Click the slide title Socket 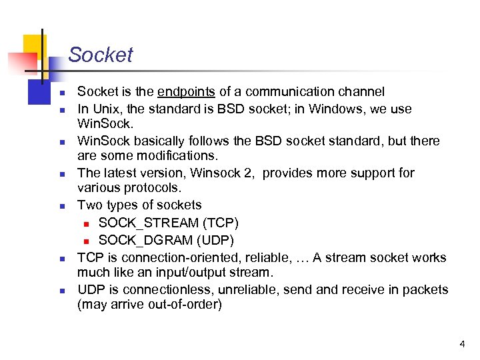100,55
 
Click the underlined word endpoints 186,92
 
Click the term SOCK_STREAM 148,223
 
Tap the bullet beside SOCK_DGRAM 86,241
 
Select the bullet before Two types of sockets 60,206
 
